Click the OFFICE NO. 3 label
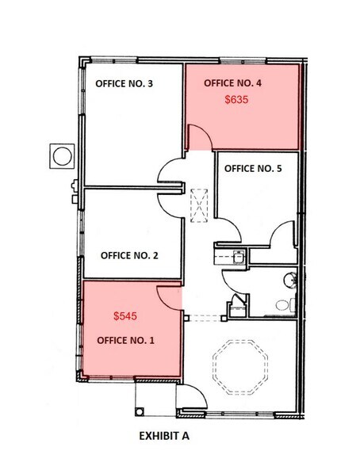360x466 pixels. [124, 83]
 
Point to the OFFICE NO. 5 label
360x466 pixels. [253, 168]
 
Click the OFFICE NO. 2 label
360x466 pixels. [129, 255]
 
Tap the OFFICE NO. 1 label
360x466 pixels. [125, 340]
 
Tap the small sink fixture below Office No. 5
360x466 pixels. [238, 255]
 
